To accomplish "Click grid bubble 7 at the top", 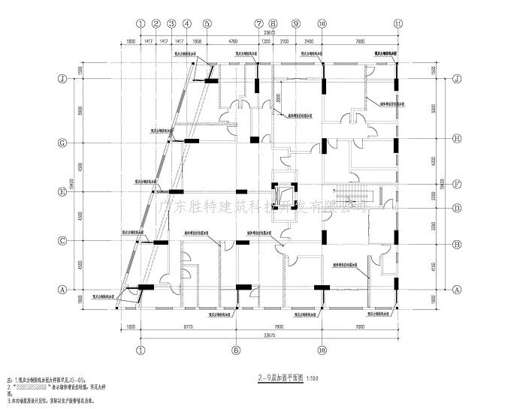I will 258,24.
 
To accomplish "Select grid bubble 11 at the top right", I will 398,24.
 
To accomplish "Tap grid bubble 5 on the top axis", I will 207,24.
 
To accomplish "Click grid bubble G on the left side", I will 64,141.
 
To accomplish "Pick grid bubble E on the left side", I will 64,192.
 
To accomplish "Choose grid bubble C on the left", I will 64,241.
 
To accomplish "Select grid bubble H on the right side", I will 457,138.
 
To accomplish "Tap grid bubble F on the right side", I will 457,183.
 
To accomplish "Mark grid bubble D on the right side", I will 457,208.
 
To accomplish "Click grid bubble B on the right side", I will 457,245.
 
